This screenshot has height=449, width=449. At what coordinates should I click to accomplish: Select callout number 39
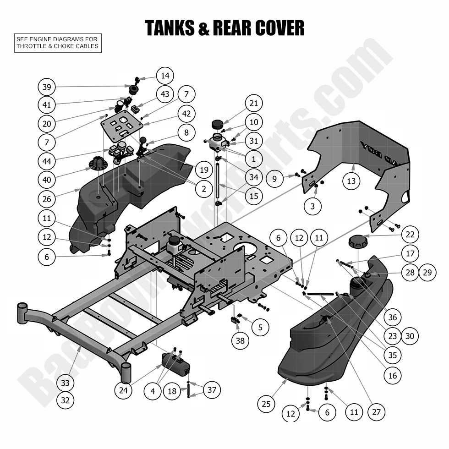point(47,87)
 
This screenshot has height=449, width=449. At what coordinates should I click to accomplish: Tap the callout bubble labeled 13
point(351,181)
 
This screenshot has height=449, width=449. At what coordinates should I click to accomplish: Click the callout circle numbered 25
point(267,404)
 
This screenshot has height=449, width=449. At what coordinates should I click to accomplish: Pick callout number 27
point(376,412)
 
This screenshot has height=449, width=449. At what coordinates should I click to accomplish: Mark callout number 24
point(123,390)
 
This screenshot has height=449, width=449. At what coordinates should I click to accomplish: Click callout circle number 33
point(66,383)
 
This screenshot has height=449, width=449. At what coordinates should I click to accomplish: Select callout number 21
point(253,104)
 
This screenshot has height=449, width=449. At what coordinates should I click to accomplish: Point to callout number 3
point(313,207)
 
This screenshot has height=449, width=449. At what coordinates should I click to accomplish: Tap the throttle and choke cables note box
point(57,43)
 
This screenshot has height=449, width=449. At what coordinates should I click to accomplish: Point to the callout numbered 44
point(47,161)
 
